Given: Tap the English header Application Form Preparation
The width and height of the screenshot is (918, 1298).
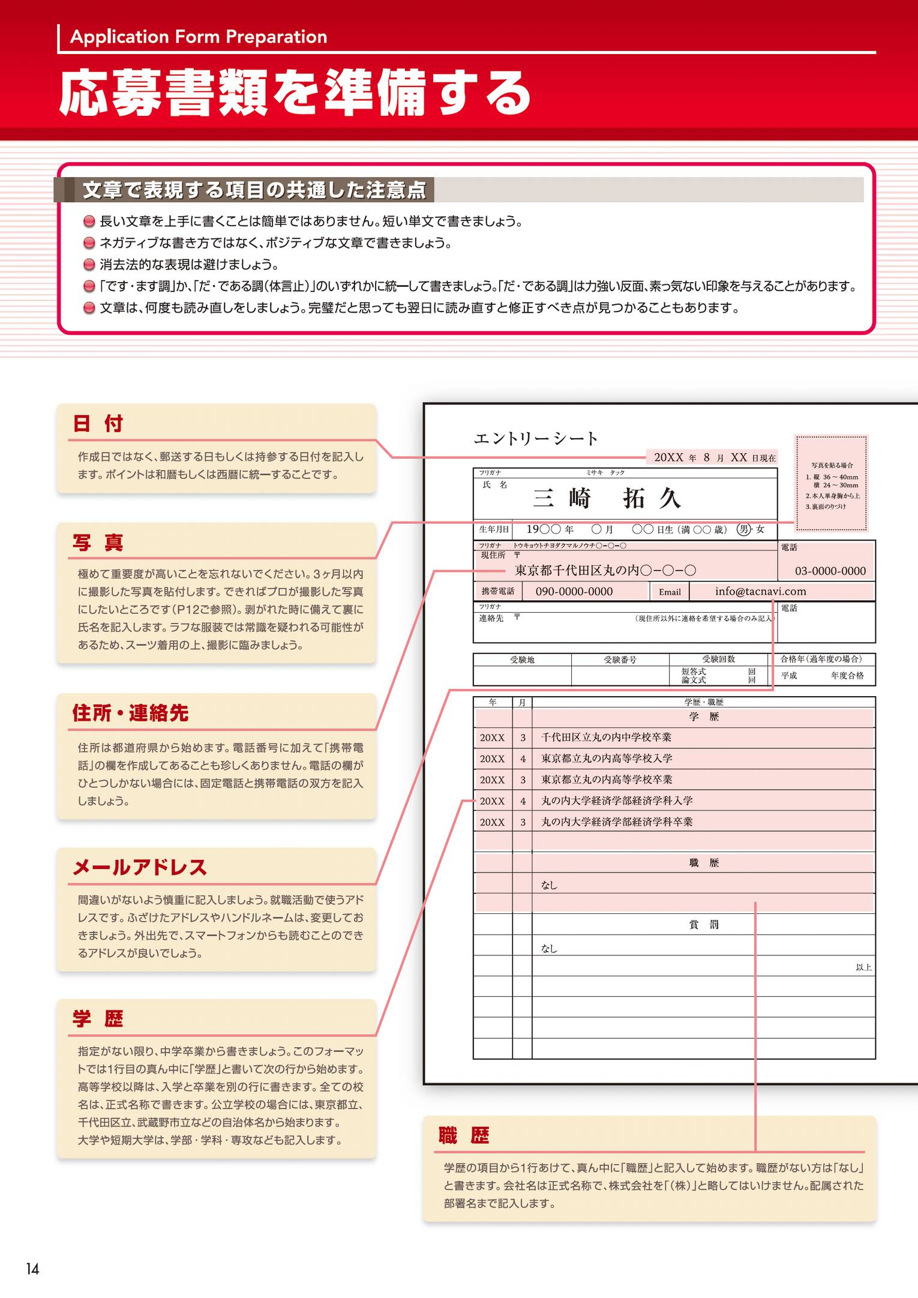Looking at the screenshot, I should click(x=199, y=37).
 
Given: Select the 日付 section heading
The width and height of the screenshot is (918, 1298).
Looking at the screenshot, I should click(x=98, y=424).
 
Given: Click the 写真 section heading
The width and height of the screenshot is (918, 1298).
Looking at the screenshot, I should click(x=98, y=542).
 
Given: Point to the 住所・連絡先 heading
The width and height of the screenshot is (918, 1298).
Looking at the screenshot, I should click(x=130, y=713).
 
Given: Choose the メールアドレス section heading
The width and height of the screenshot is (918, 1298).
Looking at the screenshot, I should click(x=140, y=867).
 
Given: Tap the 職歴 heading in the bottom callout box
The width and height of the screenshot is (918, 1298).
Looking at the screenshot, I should click(x=464, y=1135).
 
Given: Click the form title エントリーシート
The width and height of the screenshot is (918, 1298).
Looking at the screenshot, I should click(x=536, y=439).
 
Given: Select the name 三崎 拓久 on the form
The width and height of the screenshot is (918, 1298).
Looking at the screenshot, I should click(x=607, y=498).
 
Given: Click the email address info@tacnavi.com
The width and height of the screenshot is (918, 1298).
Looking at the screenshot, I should click(x=760, y=591).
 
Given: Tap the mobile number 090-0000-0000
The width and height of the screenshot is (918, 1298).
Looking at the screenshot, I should click(x=574, y=592).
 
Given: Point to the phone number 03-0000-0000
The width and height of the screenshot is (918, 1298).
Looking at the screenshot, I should click(x=830, y=571).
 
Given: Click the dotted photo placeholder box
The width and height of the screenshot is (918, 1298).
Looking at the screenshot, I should click(x=832, y=484).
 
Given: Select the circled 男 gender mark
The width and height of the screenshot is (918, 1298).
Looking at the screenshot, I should click(x=743, y=529).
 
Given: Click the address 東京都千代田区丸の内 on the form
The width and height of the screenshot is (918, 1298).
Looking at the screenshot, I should click(x=605, y=570).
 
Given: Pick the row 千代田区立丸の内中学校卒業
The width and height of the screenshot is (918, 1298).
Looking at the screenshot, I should click(x=606, y=738).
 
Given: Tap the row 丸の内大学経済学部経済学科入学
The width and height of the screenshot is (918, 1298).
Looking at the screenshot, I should click(x=617, y=801).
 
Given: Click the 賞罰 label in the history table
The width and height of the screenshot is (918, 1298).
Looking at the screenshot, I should click(x=704, y=925).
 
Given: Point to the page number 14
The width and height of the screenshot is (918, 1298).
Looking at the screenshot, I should click(x=32, y=1269).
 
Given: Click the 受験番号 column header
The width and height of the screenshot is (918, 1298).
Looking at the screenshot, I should click(x=620, y=660).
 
